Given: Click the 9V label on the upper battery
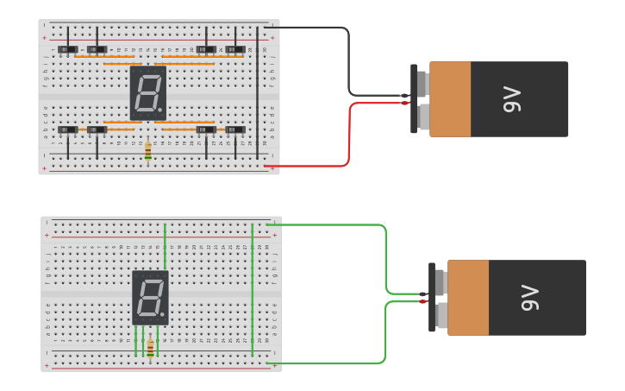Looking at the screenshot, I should click(x=512, y=99).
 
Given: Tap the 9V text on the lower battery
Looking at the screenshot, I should click(x=529, y=298).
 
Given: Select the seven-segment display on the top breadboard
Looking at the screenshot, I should click(x=147, y=92).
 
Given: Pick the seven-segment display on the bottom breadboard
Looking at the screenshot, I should click(x=150, y=297).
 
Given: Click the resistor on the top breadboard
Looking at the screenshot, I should click(x=147, y=151).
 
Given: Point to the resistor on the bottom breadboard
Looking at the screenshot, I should click(x=150, y=348).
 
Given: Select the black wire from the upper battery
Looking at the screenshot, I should click(x=348, y=60).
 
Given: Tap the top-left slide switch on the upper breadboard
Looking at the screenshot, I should click(x=68, y=50).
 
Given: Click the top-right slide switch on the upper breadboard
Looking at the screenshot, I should click(x=235, y=50).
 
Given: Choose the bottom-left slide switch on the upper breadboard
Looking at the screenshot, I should click(x=68, y=130).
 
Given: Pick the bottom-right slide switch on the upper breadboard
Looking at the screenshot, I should click(x=235, y=130).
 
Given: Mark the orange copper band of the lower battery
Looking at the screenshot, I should click(x=467, y=298).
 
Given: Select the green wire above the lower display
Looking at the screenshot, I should click(x=165, y=246).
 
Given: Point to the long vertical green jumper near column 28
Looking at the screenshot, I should click(x=252, y=289).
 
